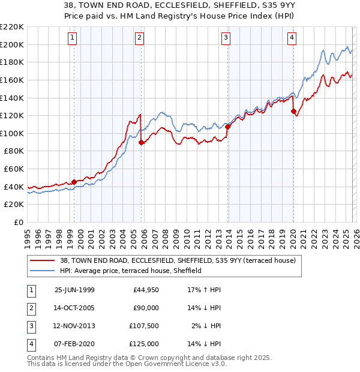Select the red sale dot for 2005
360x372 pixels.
[x=141, y=142]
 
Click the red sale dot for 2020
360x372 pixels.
[x=293, y=111]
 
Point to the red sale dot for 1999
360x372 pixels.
[x=74, y=182]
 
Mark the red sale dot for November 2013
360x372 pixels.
[x=228, y=127]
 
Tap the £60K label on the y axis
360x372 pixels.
[x=14, y=169]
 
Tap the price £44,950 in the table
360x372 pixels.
[x=146, y=290]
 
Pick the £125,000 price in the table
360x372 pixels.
[x=144, y=344]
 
